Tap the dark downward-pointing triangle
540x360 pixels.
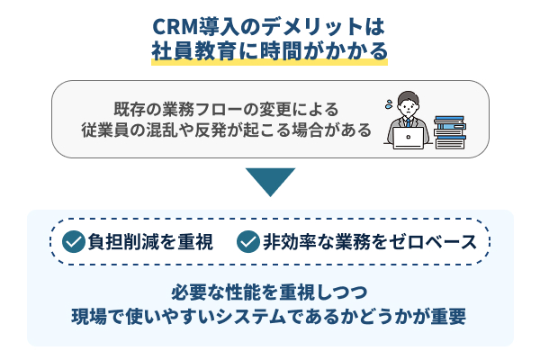(270, 180)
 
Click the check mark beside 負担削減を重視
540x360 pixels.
(74, 241)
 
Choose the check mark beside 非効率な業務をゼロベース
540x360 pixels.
(248, 241)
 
